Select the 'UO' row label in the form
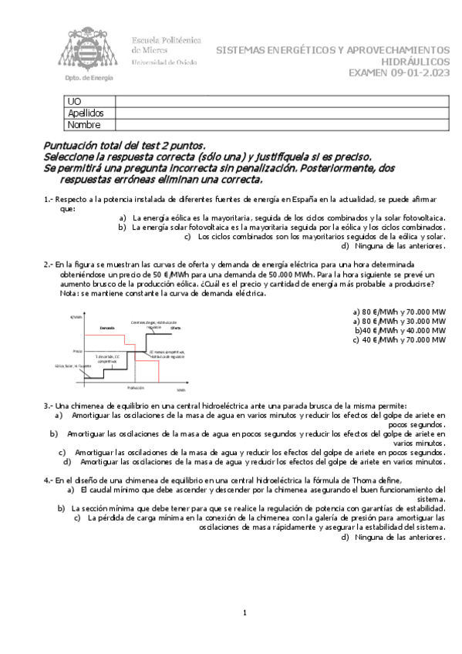[74, 102]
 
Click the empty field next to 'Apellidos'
[282, 113]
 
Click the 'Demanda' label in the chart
[107, 328]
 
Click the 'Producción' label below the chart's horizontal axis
[135, 387]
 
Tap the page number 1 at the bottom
[244, 613]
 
